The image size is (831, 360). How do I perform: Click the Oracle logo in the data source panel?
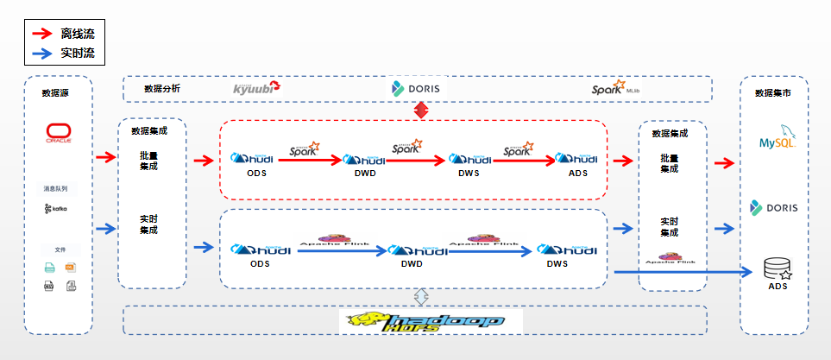[x=59, y=133]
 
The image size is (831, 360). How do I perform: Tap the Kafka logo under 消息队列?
[x=56, y=209]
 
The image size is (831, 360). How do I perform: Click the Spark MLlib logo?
[x=615, y=89]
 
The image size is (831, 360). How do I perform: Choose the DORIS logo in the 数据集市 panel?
[x=774, y=207]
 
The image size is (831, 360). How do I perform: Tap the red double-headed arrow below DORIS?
[x=421, y=110]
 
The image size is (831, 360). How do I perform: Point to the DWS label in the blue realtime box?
[x=557, y=264]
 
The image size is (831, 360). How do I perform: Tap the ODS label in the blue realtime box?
[x=259, y=264]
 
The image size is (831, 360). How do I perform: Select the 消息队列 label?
[x=55, y=188]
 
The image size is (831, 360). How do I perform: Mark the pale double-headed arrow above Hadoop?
[x=421, y=296]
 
